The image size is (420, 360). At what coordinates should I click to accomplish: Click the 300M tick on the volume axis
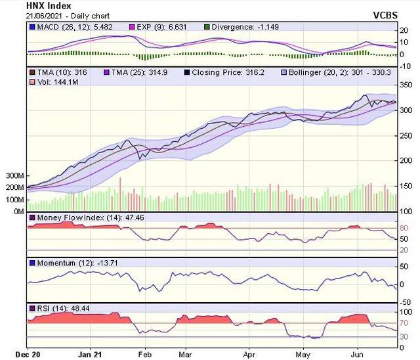(13, 176)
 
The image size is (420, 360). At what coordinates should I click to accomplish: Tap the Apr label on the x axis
(249, 353)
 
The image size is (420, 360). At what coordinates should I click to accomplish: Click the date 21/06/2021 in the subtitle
(45, 14)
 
